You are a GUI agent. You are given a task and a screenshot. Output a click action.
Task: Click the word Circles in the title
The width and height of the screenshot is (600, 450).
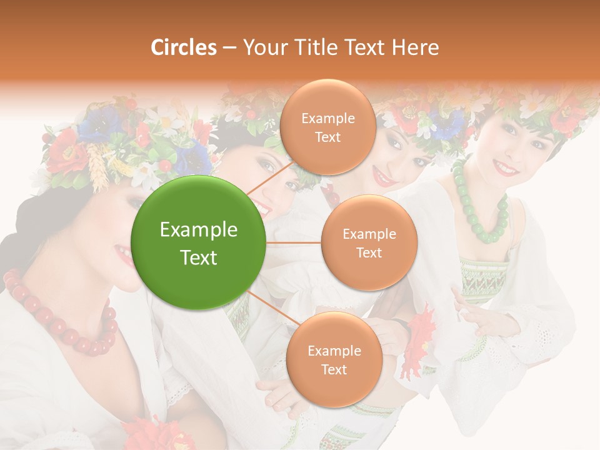tap(184, 47)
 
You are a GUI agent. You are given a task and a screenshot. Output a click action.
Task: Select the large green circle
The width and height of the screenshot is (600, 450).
tap(199, 242)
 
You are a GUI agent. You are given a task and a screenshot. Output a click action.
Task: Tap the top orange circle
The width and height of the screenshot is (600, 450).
tap(327, 127)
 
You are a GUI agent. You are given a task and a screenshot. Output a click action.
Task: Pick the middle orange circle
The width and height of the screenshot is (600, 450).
tap(369, 242)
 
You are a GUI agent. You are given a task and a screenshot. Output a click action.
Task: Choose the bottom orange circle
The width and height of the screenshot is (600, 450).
tap(334, 359)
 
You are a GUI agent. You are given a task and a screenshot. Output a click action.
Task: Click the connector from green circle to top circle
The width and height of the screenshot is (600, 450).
tap(269, 177)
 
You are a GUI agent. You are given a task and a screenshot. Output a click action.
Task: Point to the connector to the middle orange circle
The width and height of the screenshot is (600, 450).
tap(294, 242)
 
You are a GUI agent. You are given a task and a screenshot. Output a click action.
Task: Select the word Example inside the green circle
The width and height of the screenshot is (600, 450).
tap(199, 230)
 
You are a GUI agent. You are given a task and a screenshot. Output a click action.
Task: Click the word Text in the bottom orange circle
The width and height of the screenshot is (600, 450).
tap(334, 369)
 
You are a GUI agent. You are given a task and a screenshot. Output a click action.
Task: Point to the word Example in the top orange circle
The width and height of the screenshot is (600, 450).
tap(327, 118)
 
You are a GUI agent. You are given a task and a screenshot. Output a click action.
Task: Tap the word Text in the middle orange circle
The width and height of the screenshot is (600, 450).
tap(369, 252)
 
